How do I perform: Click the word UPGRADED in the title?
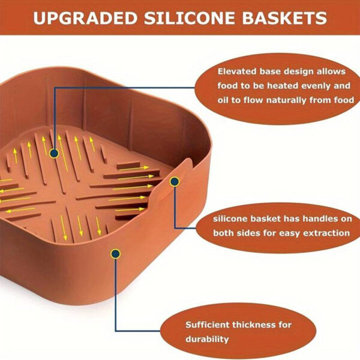pos(85,18)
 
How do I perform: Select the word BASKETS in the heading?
pos(284,18)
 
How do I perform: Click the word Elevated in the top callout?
pos(237,71)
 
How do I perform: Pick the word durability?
pos(207,340)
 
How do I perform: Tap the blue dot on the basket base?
pos(54,153)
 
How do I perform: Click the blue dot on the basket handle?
pos(175,182)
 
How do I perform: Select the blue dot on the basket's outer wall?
pos(115,254)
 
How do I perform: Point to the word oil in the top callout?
pos(223,100)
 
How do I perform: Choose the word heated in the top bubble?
pos(283,86)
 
